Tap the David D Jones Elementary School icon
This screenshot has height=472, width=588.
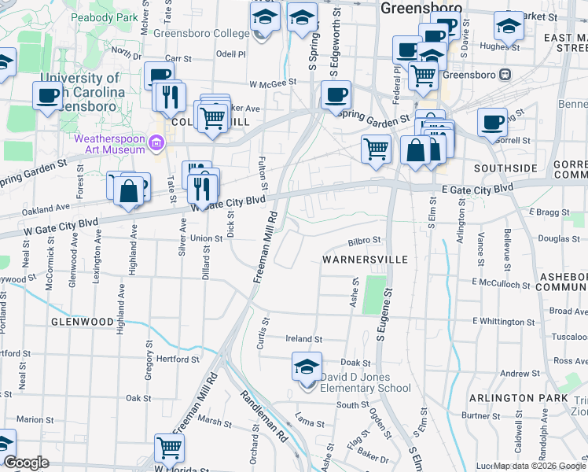pos(307,366)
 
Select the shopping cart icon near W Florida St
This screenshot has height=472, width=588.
pos(169,448)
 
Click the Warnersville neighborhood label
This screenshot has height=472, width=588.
pos(365,259)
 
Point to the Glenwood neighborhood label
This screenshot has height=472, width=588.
pos(83,322)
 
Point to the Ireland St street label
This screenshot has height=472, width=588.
pos(304,339)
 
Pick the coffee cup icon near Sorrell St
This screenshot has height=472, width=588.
pos(492,122)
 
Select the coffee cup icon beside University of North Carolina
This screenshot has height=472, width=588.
pos(48,96)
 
